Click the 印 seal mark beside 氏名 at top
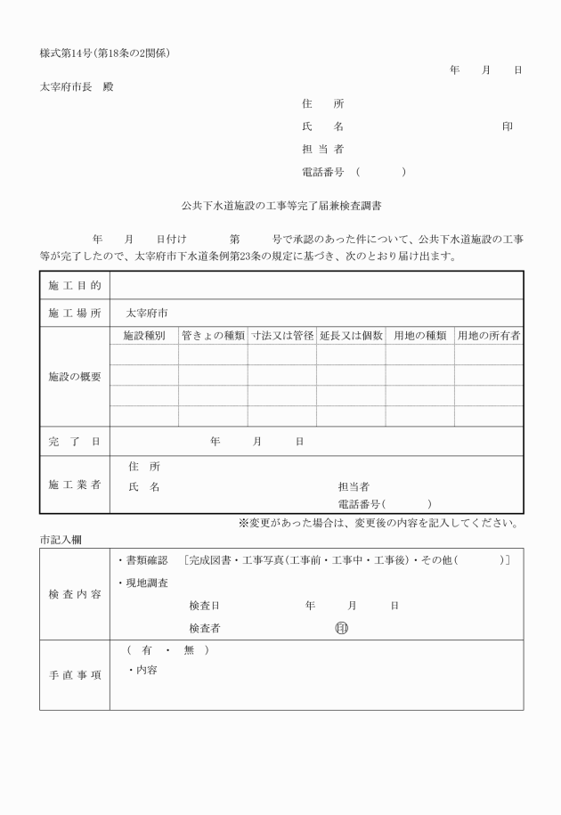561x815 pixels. point(507,127)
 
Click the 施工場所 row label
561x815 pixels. point(75,314)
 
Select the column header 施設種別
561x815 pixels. point(143,336)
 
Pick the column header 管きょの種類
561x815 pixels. point(213,336)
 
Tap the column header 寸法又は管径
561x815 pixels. point(282,336)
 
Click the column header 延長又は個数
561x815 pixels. point(351,336)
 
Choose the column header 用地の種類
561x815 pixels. point(419,336)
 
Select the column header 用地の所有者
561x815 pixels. point(489,336)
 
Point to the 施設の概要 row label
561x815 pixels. point(75,377)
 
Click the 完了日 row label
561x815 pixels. point(75,441)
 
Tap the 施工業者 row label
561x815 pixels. point(75,485)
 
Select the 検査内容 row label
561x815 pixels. point(75,594)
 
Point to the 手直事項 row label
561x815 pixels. point(75,675)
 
